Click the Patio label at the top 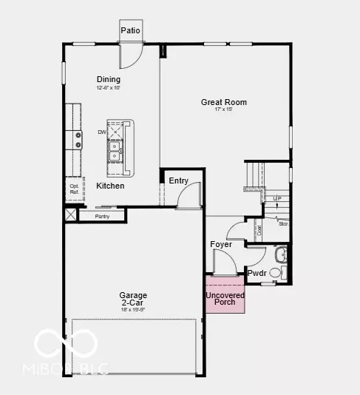coord(131,30)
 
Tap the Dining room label coord(108,80)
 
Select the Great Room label coord(224,102)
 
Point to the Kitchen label coord(110,186)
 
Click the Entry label coord(178,180)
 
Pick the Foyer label coord(221,244)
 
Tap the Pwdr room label coord(257,273)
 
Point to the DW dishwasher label coord(102,132)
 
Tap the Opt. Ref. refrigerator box coord(75,189)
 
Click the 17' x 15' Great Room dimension coord(223,110)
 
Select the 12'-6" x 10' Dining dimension coord(108,88)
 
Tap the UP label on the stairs coord(277,198)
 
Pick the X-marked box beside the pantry coord(69,215)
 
